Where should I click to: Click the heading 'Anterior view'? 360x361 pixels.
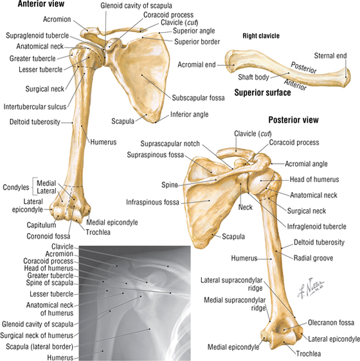coord(41,4)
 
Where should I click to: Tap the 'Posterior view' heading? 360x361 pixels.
coord(294,120)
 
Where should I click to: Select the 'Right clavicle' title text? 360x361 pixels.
coord(261,36)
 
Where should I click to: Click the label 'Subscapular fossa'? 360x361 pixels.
coord(198,98)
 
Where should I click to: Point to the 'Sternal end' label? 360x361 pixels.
coord(330,56)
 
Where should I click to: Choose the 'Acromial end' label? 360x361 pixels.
coord(197,65)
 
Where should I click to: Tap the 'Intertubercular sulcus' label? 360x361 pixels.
coord(35,107)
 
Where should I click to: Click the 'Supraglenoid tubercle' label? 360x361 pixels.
coord(37,35)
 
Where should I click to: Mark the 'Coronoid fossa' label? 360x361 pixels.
coord(48,236)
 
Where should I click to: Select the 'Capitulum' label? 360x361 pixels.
coord(41,225)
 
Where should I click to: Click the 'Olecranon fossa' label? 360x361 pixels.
coord(331,322)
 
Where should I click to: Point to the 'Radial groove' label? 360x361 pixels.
coord(313,258)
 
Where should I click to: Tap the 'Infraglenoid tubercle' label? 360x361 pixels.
coord(316,227)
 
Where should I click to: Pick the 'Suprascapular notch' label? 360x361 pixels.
coord(170,143)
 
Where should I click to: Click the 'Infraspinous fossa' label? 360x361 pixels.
coord(152,202)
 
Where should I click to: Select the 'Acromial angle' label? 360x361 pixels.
coord(306,163)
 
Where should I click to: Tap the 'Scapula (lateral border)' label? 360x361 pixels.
coord(39,346)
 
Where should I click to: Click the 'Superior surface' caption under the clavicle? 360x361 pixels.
coord(262,93)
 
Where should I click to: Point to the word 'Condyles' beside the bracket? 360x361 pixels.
coord(16,187)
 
